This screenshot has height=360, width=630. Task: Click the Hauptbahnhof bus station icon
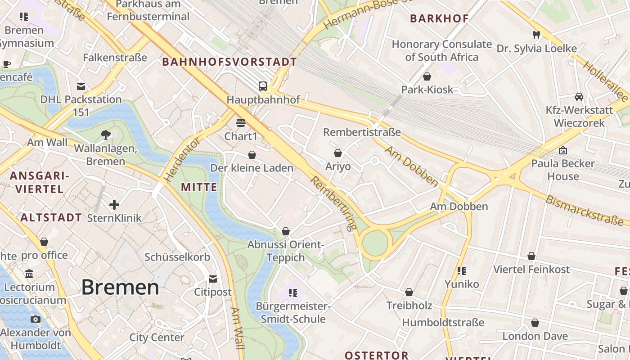(262, 86)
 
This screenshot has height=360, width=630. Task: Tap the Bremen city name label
(120, 287)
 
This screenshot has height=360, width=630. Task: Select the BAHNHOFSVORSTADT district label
(229, 62)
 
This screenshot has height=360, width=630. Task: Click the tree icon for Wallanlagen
(106, 134)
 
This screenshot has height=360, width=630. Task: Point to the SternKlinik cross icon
(114, 205)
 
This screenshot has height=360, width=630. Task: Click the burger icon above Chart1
(240, 122)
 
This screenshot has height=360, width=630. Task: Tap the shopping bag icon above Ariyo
(338, 153)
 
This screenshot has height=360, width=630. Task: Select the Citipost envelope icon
(213, 279)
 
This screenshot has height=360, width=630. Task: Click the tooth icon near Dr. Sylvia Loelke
(536, 35)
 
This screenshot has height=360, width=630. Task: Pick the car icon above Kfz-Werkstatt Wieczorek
(579, 97)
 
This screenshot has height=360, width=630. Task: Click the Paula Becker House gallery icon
(562, 150)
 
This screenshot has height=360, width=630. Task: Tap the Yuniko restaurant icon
(462, 271)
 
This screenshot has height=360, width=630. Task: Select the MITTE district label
(199, 187)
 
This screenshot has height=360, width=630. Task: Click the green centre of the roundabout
(375, 243)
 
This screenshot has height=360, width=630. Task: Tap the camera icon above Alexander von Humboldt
(36, 319)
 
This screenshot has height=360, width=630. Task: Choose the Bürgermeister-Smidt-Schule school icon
(293, 293)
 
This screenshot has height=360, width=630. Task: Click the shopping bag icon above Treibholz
(409, 292)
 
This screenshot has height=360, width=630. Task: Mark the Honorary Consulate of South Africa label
(441, 50)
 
